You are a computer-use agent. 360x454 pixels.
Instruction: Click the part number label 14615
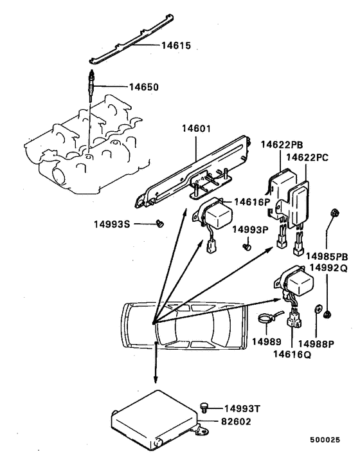pyautogui.click(x=159, y=46)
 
